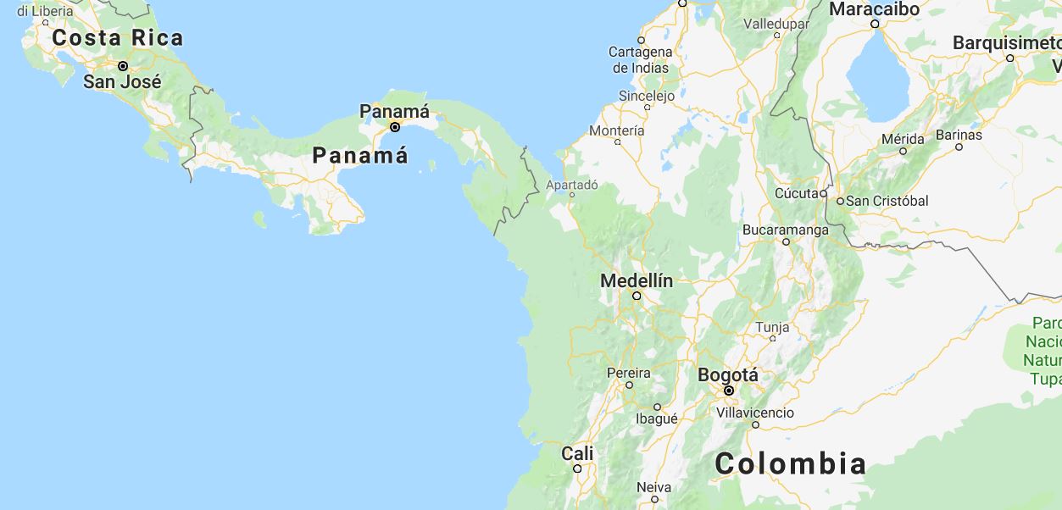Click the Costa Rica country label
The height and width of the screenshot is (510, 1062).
[117, 38]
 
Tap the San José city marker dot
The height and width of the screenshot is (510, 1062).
[123, 66]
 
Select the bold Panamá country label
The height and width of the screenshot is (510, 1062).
[360, 156]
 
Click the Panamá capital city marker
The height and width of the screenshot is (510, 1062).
[395, 127]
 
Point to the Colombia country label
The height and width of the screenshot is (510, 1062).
[790, 463]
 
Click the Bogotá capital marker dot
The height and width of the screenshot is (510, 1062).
[728, 391]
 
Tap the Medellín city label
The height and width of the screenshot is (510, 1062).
[637, 280]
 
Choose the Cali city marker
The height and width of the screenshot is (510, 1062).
[577, 468]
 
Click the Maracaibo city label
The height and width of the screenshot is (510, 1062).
[874, 9]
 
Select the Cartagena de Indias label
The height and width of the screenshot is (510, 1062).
[640, 60]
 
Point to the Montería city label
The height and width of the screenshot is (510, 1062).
[616, 130]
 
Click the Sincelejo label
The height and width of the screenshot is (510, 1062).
[647, 96]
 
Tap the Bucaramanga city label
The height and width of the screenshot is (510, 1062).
[786, 230]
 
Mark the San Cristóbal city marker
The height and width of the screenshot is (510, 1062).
[840, 202]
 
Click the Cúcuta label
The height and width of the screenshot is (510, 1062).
[796, 193]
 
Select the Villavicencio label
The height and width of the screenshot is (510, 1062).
[755, 413]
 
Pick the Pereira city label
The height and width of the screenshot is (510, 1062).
[629, 373]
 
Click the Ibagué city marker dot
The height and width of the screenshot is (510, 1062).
[657, 407]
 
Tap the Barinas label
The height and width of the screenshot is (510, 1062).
[959, 135]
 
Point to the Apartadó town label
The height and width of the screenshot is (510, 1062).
[572, 185]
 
